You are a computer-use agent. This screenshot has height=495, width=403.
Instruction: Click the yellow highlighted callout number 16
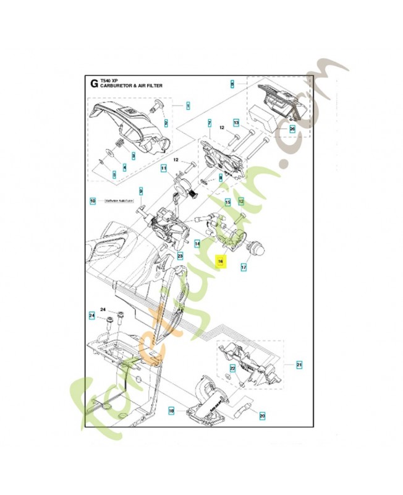[x=220, y=262]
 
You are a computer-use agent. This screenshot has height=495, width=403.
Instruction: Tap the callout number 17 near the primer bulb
[x=244, y=268]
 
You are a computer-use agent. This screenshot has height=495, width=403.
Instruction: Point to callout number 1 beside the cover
[x=187, y=106]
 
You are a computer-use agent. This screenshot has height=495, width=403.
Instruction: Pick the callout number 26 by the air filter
[x=292, y=129]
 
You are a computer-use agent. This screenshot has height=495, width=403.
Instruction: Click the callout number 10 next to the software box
[x=93, y=201]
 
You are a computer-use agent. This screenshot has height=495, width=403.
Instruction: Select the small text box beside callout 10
[x=119, y=201]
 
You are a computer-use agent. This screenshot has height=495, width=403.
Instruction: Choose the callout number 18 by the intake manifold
[x=171, y=410]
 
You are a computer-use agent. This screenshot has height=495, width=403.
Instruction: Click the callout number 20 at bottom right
[x=261, y=416]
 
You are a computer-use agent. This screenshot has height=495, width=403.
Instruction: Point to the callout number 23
[x=180, y=255]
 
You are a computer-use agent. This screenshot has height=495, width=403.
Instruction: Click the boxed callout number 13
[x=236, y=123]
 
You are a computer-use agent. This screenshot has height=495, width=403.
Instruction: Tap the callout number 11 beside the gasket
[x=164, y=168]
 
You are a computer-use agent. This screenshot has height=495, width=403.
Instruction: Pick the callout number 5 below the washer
[x=114, y=175]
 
